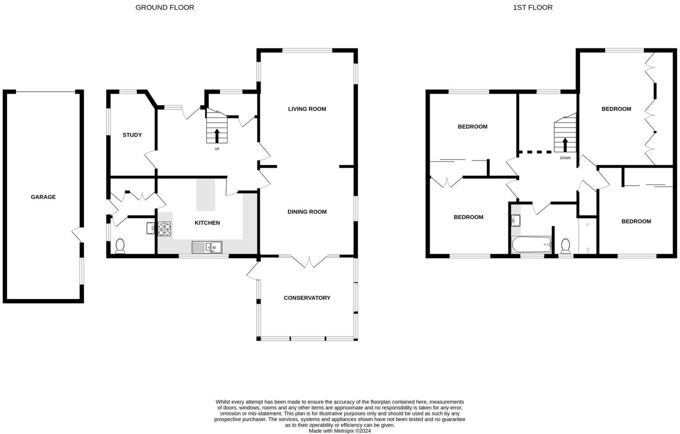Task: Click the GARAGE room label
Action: tap(43, 197)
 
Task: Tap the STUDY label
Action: tap(132, 135)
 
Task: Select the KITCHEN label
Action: tap(207, 223)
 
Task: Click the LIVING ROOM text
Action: tap(307, 109)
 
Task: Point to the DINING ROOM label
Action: tap(307, 212)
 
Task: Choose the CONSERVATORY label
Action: tap(307, 298)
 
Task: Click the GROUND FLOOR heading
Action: tap(165, 7)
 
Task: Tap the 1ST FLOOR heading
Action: tap(532, 7)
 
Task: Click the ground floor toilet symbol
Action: tap(120, 246)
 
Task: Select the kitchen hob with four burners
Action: tap(164, 229)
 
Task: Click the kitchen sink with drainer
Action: tap(207, 247)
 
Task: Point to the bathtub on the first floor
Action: tap(532, 245)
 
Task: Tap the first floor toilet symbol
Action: tap(566, 246)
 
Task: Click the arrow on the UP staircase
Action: tap(216, 136)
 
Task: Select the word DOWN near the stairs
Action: tap(565, 158)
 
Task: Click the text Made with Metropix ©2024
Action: tap(339, 431)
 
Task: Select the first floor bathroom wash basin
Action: tap(516, 221)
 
